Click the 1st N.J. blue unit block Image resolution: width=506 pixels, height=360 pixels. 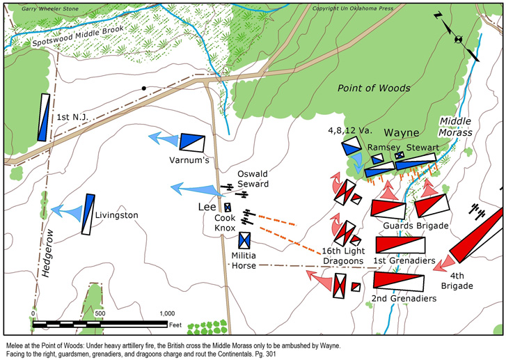click(x=44, y=117)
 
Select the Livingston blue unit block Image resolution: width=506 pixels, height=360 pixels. click(x=88, y=214)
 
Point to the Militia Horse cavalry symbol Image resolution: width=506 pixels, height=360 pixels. click(x=244, y=240)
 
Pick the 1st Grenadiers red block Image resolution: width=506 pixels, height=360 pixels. click(x=400, y=245)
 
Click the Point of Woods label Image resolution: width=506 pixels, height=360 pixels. click(x=374, y=88)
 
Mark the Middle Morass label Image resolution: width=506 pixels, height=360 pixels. click(x=456, y=125)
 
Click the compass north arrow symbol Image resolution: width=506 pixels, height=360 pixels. click(x=457, y=38)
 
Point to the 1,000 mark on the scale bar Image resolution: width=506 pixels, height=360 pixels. click(x=166, y=313)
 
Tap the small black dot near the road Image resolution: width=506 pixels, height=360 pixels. click(x=143, y=88)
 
